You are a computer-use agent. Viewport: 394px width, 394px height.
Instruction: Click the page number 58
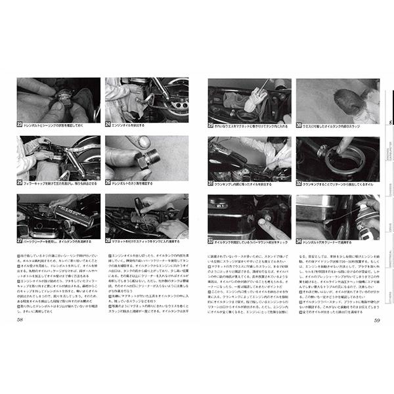coord(22,320)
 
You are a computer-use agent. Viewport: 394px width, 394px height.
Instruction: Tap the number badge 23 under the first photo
coord(20,123)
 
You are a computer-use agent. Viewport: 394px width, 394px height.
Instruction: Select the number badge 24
coord(108,123)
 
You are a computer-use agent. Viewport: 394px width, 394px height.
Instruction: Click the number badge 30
coord(299,124)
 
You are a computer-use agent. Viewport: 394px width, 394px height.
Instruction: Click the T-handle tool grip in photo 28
coord(141,211)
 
